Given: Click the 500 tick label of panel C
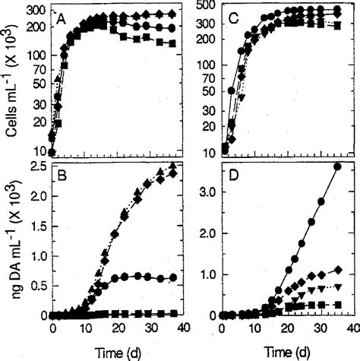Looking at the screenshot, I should [204, 7].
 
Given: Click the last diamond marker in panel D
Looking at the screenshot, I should [337, 270].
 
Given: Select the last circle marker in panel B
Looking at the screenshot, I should [172, 277].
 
